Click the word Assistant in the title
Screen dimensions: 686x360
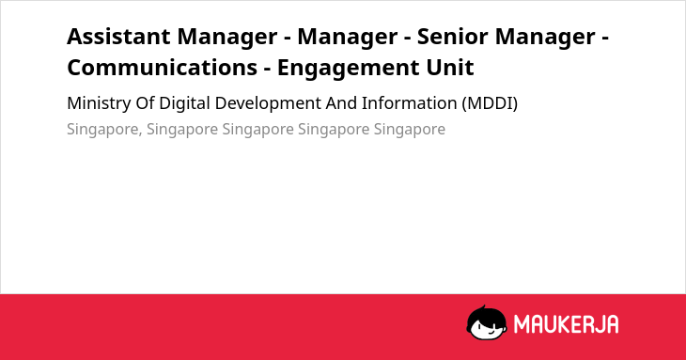coord(118,37)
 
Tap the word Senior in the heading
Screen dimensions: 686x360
coord(452,37)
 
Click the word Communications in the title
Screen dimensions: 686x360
coord(162,68)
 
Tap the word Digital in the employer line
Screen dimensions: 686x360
coord(184,104)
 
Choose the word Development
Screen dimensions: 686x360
coord(268,104)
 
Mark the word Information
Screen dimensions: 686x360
coord(409,103)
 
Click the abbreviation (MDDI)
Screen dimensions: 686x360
coord(490,103)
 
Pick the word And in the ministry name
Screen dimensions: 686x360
coord(341,103)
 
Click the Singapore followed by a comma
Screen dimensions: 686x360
coord(104,130)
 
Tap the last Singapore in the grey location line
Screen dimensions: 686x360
coord(410,130)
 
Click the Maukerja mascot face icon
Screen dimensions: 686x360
coord(487,322)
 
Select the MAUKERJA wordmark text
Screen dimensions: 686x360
coord(566,324)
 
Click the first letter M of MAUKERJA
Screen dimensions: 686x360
coord(522,324)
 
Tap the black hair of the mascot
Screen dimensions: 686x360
coord(486,314)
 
